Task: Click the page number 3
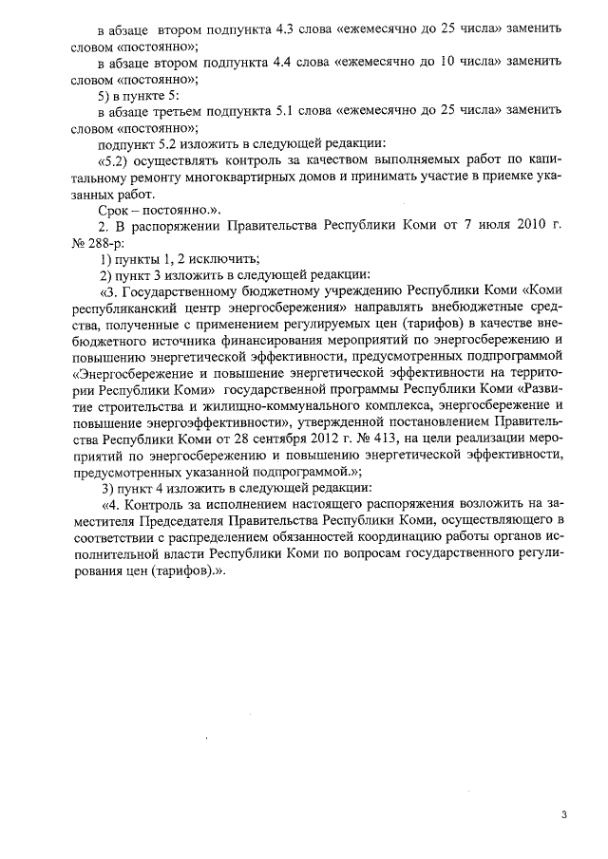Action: click(x=563, y=815)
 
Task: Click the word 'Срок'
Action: click(x=116, y=210)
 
